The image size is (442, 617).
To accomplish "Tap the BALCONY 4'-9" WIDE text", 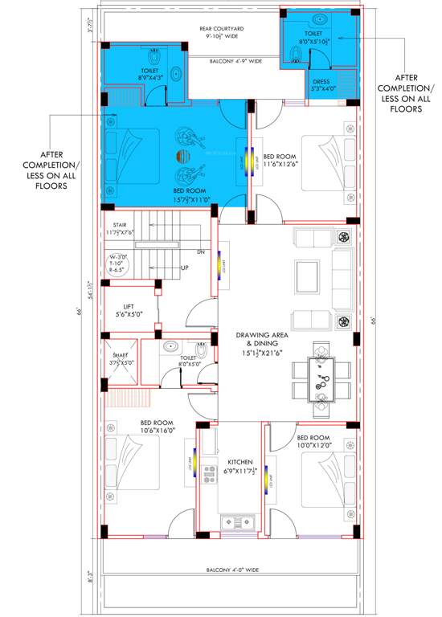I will (x=236, y=61).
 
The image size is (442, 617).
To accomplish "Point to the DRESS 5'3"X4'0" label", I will (x=325, y=85).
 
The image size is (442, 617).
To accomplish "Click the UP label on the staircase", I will (x=185, y=268).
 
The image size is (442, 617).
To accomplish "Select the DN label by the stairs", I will (x=201, y=252).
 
